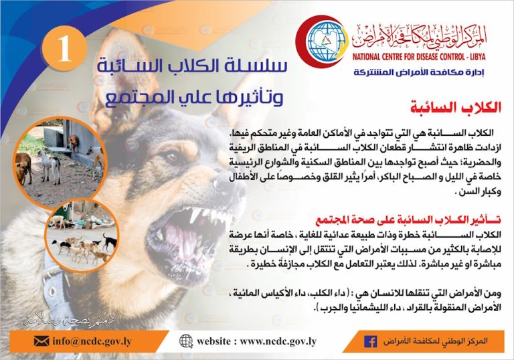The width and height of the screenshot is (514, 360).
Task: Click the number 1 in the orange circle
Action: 64,49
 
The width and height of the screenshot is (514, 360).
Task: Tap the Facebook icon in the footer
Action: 371,342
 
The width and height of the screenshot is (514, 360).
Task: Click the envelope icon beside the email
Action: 41,341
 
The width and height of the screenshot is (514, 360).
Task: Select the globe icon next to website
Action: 186,341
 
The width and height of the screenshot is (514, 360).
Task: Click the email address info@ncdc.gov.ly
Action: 92,341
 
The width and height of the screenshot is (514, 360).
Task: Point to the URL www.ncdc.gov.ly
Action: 278,341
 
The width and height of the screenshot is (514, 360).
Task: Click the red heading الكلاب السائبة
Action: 456,108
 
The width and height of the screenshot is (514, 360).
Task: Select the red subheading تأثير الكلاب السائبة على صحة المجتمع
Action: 408,220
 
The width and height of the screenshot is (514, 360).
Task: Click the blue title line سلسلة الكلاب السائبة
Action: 192,66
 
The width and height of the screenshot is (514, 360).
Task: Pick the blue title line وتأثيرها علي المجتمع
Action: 194,97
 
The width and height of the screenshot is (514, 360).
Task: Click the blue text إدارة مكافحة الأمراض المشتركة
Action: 419,72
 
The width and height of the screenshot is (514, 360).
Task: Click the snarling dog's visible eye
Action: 173,157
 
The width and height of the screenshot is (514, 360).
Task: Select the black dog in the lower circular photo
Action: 110,242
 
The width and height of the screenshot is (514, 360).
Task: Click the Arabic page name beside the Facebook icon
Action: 435,341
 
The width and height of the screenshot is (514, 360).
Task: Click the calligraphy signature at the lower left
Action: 69,321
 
